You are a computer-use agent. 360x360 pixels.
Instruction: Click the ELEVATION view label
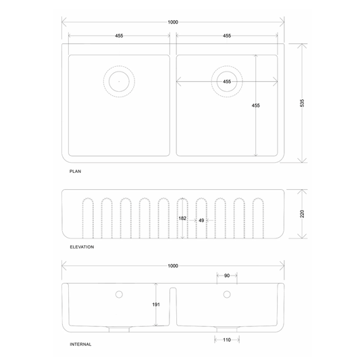pos(82,247)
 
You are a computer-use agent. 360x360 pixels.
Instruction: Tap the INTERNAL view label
pos(80,344)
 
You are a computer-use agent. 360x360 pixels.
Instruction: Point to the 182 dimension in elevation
pos(182,219)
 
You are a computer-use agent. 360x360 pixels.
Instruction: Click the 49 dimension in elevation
pos(201,220)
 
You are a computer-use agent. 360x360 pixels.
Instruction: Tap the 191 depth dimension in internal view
pos(156,305)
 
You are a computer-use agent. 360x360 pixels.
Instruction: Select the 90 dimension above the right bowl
pos(227,276)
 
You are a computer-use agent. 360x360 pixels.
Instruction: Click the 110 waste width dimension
pos(227,339)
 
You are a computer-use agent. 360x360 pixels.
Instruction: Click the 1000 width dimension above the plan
pos(173,22)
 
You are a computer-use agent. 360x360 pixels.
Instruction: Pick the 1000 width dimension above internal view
pos(173,266)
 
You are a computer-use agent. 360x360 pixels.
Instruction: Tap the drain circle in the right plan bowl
pos(226,82)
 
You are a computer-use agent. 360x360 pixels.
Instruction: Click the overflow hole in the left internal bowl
pos(119,294)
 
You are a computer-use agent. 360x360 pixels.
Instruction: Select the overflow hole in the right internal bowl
pos(227,294)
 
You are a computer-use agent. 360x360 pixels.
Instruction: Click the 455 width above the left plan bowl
pos(119,36)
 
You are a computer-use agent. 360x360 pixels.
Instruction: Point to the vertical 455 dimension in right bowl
pos(255,105)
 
